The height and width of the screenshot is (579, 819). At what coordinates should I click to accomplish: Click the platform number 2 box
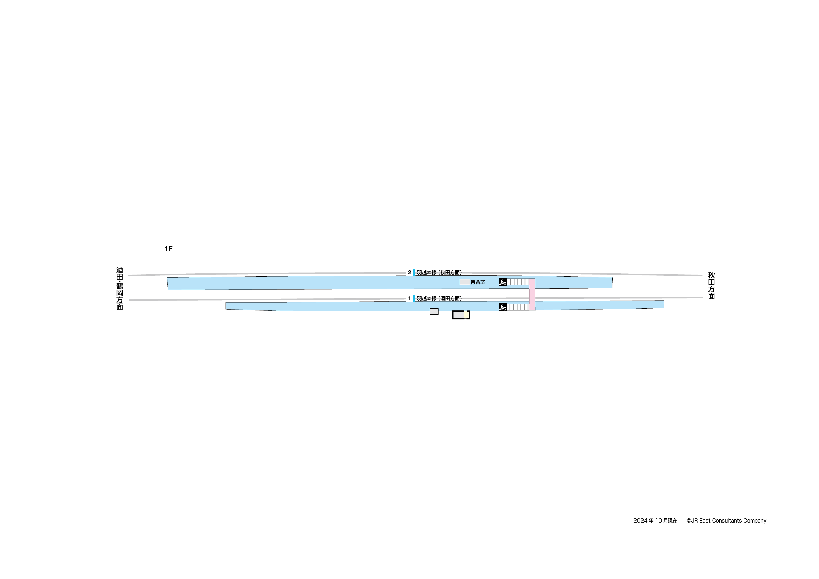coord(409,272)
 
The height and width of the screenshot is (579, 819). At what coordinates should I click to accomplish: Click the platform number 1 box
coord(409,298)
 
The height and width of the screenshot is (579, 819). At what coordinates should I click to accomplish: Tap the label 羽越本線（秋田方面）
coord(439,272)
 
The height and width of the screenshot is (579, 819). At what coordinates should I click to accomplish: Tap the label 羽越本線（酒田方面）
coord(439,298)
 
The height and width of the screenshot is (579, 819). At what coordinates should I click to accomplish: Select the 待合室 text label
coord(478,282)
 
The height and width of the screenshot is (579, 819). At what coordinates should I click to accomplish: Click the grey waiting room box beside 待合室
coord(465,282)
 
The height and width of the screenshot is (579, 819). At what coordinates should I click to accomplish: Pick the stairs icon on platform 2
coord(503,282)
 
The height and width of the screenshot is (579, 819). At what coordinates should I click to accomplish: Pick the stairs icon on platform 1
coord(503,307)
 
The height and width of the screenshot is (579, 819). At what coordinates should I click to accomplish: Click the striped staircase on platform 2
coord(518,282)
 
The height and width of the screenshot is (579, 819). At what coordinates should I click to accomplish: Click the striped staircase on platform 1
coord(518,307)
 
